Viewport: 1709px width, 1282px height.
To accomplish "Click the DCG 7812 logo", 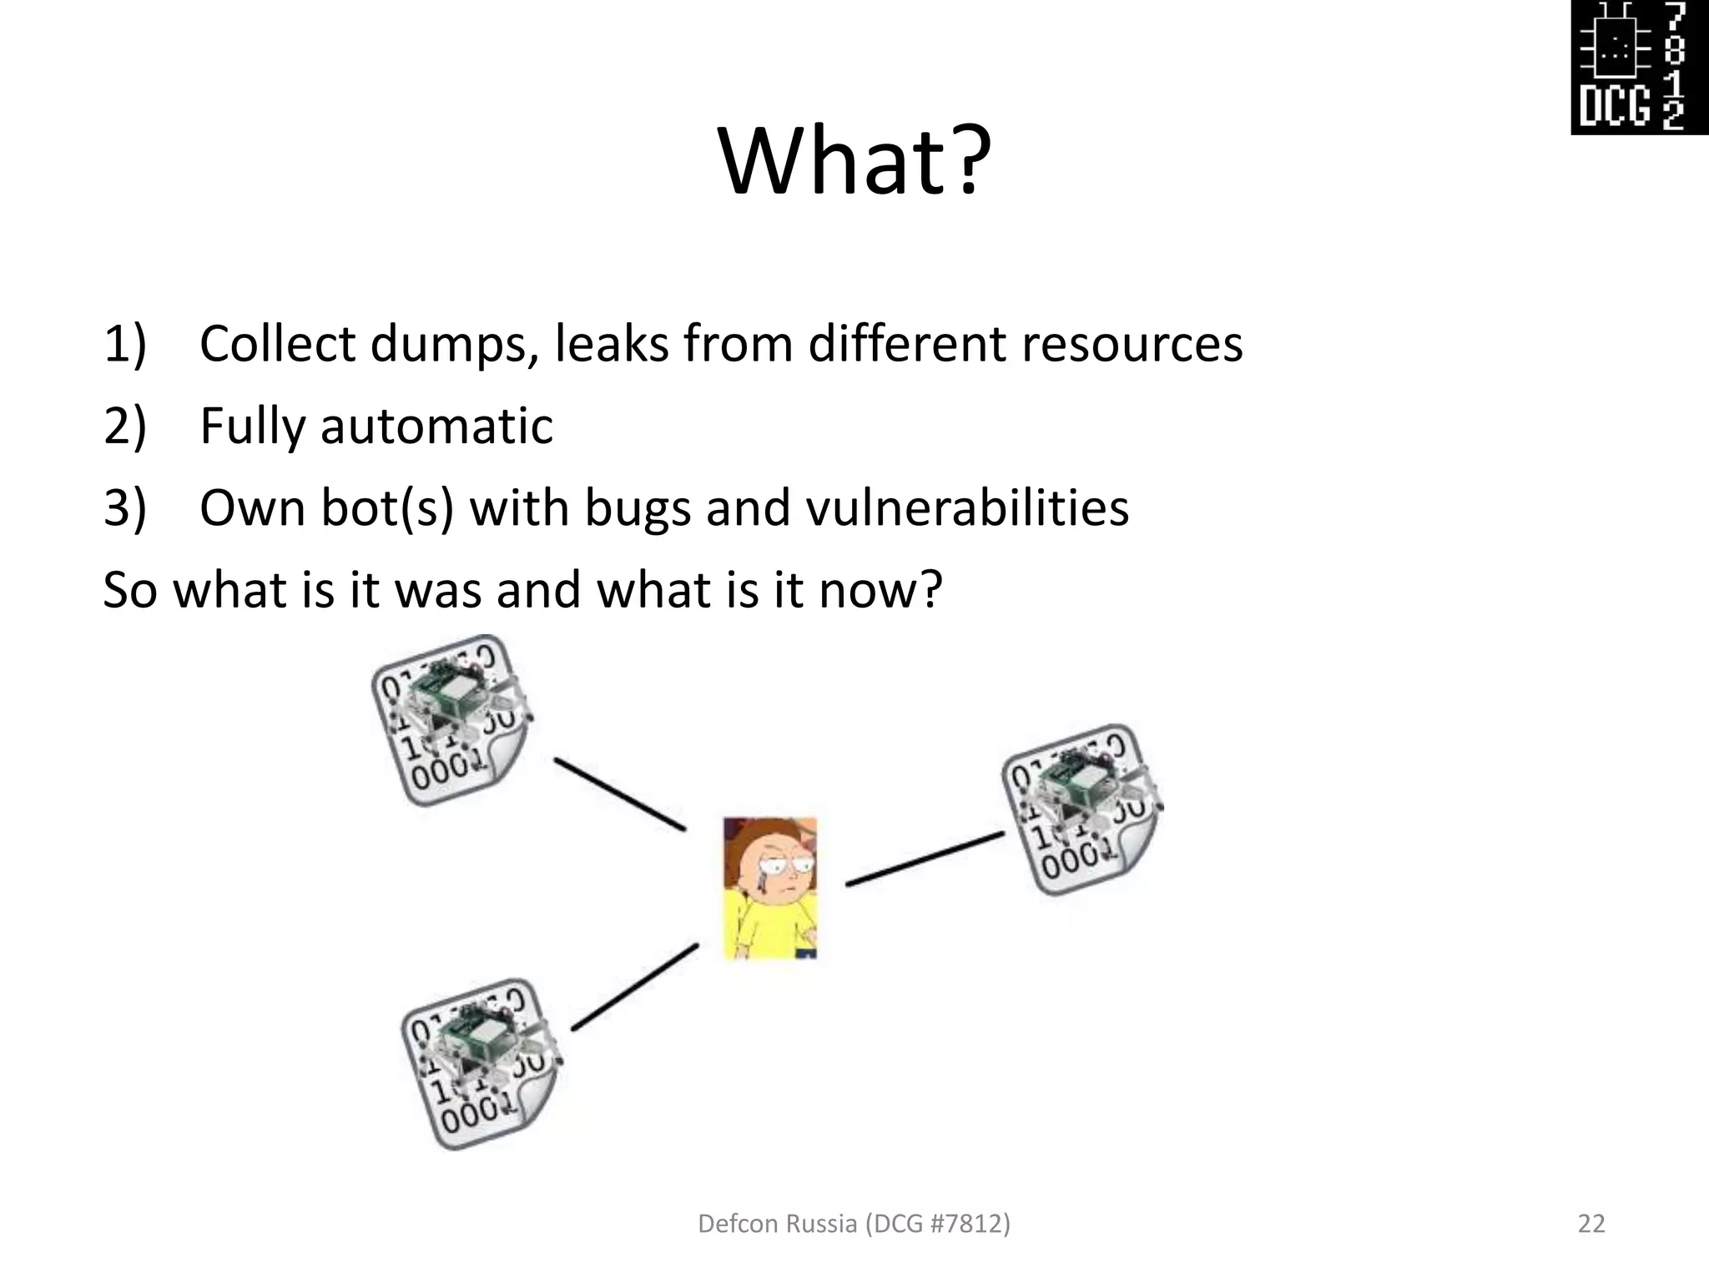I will [1639, 67].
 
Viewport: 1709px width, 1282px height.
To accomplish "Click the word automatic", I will [436, 426].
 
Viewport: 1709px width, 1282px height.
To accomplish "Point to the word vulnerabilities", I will [967, 507].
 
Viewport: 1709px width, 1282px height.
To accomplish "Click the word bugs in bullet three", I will [638, 509].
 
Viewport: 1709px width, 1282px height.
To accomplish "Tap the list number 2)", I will [125, 426].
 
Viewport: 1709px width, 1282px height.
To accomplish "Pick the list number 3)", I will [125, 507].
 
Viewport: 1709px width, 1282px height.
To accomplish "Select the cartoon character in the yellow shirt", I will [769, 888].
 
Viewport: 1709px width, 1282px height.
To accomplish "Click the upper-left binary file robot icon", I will [451, 720].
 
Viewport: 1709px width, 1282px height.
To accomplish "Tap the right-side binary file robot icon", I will [1081, 810].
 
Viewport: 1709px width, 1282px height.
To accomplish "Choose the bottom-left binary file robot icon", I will [481, 1063].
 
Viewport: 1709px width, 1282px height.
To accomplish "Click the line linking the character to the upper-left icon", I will [620, 795].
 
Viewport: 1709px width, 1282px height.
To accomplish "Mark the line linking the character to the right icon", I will [925, 858].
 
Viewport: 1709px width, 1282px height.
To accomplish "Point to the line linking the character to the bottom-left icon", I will [634, 987].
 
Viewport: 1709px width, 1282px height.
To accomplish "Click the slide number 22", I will [1591, 1224].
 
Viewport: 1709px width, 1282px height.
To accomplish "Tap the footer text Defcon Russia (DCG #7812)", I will [854, 1224].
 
